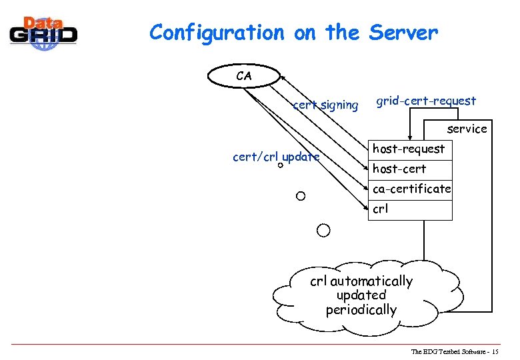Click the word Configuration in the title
click(217, 33)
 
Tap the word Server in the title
click(403, 32)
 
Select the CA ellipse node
click(244, 76)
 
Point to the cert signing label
click(325, 105)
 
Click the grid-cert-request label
click(426, 101)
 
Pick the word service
click(467, 129)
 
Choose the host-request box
click(409, 149)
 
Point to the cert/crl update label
click(275, 157)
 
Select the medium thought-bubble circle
click(301, 196)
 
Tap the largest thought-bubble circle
click(323, 231)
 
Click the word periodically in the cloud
click(361, 310)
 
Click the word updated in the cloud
click(361, 295)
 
